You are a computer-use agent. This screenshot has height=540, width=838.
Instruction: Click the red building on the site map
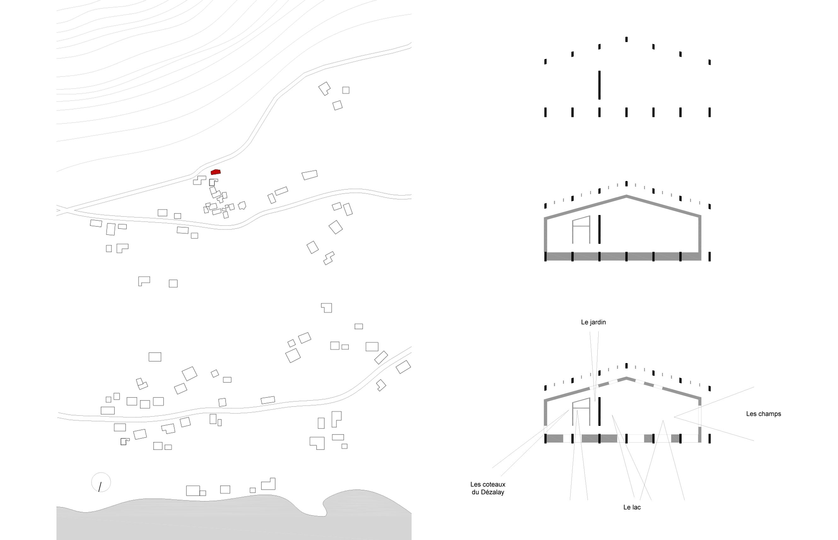pyautogui.click(x=215, y=172)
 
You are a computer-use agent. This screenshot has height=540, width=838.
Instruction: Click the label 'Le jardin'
pyautogui.click(x=593, y=322)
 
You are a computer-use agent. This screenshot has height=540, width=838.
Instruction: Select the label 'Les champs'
pyautogui.click(x=763, y=414)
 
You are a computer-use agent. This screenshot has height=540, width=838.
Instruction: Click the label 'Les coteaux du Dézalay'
pyautogui.click(x=488, y=488)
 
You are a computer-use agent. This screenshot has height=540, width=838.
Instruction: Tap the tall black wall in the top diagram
pyautogui.click(x=600, y=85)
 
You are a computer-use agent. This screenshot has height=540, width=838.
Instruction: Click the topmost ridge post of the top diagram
pyautogui.click(x=626, y=39)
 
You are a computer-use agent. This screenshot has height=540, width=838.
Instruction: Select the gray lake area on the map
pyautogui.click(x=234, y=519)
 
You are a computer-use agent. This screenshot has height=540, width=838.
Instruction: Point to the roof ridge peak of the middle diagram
pyautogui.click(x=626, y=196)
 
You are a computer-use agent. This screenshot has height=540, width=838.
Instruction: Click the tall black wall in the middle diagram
pyautogui.click(x=600, y=229)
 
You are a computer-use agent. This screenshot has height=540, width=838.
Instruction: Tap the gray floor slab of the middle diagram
pyautogui.click(x=623, y=256)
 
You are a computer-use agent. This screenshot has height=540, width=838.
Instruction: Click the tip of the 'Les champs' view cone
pyautogui.click(x=674, y=417)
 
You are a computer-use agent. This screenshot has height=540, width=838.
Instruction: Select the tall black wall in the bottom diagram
pyautogui.click(x=600, y=411)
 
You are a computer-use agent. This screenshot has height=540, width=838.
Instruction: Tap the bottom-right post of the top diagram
pyautogui.click(x=710, y=112)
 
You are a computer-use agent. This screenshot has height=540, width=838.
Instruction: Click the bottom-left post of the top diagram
pyautogui.click(x=545, y=112)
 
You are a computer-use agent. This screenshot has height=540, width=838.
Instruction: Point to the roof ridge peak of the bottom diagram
pyautogui.click(x=626, y=378)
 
